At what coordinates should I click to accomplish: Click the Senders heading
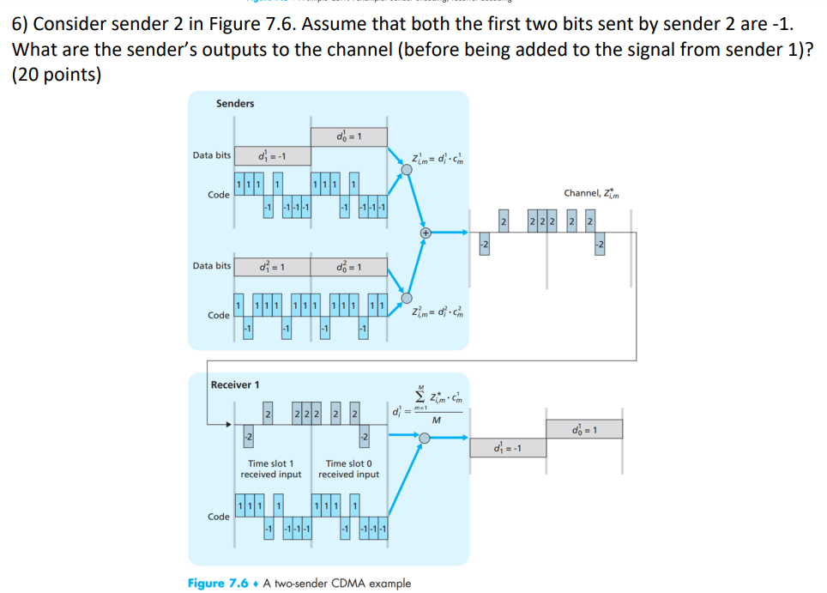tap(234, 103)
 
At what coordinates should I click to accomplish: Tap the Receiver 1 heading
tap(235, 384)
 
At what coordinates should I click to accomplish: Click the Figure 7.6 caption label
tap(218, 584)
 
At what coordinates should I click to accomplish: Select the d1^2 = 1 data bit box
tap(271, 266)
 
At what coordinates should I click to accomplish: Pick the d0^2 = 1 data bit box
tap(348, 266)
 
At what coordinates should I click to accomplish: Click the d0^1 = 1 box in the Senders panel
tap(348, 136)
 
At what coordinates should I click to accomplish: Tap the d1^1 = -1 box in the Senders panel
tap(271, 155)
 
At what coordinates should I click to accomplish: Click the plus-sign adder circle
tap(424, 233)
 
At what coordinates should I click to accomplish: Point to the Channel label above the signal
tap(593, 193)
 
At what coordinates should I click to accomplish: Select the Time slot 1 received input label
tap(271, 469)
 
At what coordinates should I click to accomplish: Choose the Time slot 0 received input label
tap(348, 469)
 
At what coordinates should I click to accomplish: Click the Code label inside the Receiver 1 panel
tap(219, 517)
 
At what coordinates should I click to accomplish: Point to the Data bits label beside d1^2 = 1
tap(211, 266)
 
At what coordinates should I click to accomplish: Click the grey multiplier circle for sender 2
tap(407, 297)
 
